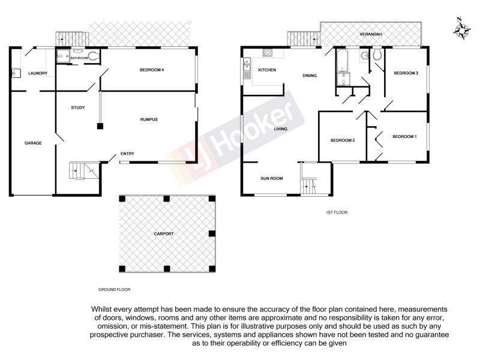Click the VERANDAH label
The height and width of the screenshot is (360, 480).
click(370, 34)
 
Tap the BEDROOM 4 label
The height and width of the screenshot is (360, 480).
click(152, 70)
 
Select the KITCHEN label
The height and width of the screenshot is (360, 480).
click(266, 70)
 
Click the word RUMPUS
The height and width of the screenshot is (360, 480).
click(148, 119)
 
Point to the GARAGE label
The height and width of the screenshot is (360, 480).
click(32, 143)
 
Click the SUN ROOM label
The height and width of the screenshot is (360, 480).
click(271, 178)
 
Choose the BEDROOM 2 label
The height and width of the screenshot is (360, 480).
click(343, 140)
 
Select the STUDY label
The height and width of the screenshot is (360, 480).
click(77, 108)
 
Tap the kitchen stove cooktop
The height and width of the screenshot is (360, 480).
click(268, 52)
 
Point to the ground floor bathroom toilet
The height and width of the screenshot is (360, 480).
click(92, 57)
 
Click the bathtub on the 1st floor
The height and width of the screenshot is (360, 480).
click(343, 61)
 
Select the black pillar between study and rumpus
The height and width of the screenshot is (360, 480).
click(100, 126)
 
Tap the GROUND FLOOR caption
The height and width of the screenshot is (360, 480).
click(114, 289)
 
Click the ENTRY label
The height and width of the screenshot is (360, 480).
click(127, 154)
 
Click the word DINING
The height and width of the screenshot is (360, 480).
click(310, 76)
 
